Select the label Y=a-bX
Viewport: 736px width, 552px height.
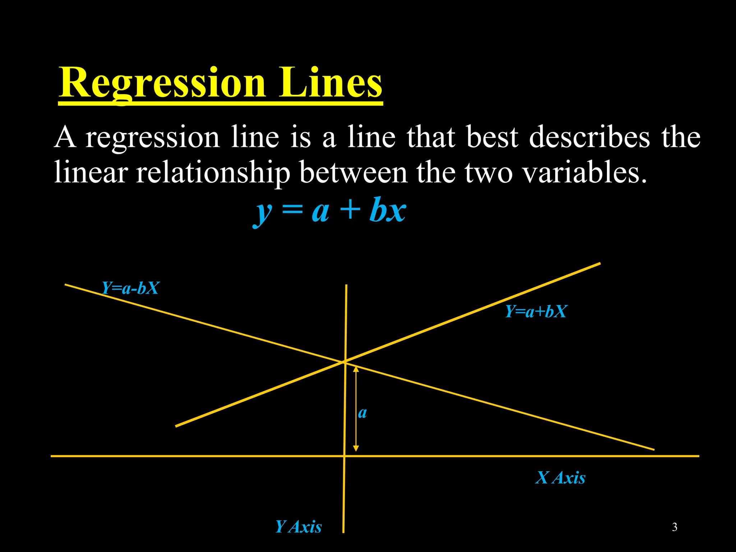point(130,288)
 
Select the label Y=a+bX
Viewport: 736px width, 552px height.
point(536,312)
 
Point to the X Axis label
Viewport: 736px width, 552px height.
point(560,478)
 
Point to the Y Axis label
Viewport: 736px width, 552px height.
point(298,527)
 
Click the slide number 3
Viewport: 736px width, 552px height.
point(675,527)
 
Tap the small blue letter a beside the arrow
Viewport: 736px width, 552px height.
point(363,413)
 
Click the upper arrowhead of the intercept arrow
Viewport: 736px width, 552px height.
point(356,369)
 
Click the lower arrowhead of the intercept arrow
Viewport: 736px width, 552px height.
point(356,448)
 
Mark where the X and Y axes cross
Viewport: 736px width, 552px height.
point(344,456)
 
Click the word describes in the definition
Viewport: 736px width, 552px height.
point(589,137)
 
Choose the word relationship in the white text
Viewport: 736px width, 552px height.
point(213,173)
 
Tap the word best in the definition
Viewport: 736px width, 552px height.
point(492,137)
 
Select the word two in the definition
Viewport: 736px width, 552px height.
point(488,173)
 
